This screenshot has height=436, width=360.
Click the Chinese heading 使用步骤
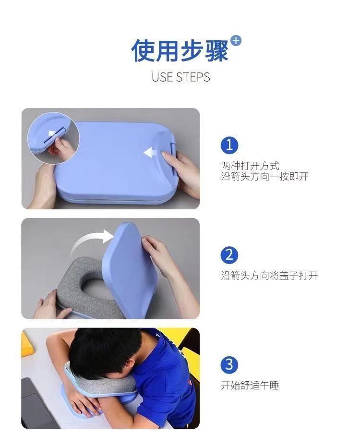(180, 50)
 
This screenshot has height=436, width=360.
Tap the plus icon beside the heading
(236, 41)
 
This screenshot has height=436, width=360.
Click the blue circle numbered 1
(229, 145)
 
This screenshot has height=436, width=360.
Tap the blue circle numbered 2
(229, 254)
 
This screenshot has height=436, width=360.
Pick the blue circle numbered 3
(229, 364)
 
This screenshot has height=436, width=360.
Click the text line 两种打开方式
(250, 166)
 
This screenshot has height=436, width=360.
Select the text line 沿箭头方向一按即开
(264, 176)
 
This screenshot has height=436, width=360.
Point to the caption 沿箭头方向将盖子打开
(269, 276)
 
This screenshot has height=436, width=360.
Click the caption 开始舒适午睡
(250, 386)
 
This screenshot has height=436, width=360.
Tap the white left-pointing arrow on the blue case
(150, 152)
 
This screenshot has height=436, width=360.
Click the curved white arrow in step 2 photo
(92, 241)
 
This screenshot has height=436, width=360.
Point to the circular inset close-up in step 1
(53, 138)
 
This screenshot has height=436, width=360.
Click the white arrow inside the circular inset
(52, 134)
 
